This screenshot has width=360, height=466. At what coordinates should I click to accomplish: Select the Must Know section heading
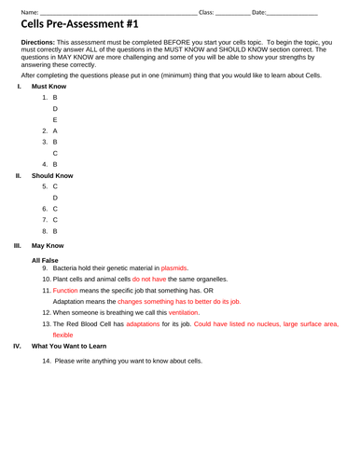click(48, 86)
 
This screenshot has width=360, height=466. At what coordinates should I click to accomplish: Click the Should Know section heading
click(51, 175)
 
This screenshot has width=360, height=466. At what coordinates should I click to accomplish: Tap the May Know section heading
click(48, 245)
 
